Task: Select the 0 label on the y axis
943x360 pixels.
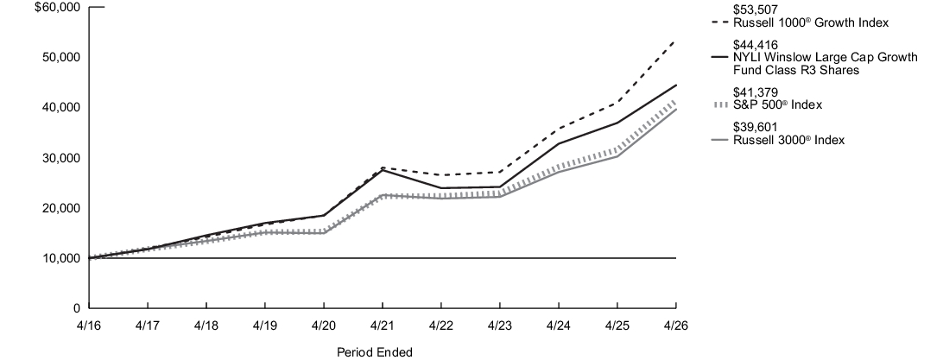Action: pyautogui.click(x=76, y=308)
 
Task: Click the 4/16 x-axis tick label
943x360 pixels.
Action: pyautogui.click(x=89, y=325)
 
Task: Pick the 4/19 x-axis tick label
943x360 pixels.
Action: pyautogui.click(x=265, y=325)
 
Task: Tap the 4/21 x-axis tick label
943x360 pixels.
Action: pyautogui.click(x=383, y=325)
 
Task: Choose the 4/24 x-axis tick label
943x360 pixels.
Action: pyautogui.click(x=559, y=325)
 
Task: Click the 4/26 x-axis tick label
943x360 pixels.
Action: pyautogui.click(x=676, y=325)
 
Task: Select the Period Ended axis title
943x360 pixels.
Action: pyautogui.click(x=375, y=352)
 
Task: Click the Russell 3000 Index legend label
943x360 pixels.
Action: pyautogui.click(x=788, y=140)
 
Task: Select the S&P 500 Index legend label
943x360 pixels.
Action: pyautogui.click(x=777, y=105)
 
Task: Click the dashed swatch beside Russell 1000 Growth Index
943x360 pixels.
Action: pyautogui.click(x=719, y=22)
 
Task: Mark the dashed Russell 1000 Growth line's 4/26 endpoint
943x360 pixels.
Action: pyautogui.click(x=676, y=41)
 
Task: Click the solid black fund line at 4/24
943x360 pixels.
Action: pyautogui.click(x=559, y=143)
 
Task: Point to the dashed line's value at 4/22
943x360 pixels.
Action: pyautogui.click(x=441, y=175)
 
